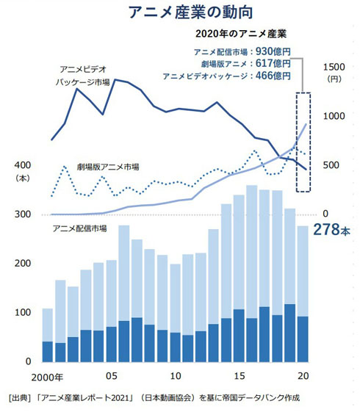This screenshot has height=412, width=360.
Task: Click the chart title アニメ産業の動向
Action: (180, 12)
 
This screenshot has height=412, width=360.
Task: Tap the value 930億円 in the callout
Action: (271, 51)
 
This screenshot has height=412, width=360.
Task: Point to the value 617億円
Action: (271, 63)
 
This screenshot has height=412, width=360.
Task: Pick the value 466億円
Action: (271, 76)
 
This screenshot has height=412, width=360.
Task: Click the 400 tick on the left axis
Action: (21, 165)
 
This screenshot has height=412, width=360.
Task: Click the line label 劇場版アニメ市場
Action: (108, 167)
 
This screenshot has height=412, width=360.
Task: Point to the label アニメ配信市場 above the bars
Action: (80, 228)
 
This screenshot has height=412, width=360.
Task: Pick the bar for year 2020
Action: (302, 294)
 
